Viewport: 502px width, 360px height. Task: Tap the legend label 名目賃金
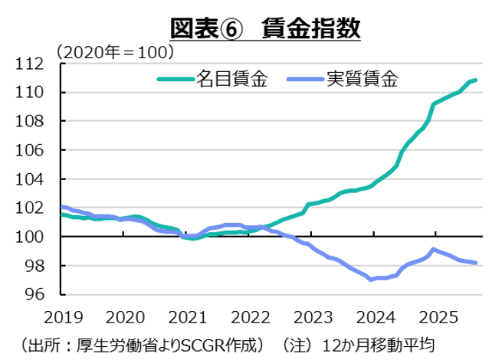pyautogui.click(x=231, y=77)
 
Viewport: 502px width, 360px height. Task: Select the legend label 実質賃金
pyautogui.click(x=362, y=77)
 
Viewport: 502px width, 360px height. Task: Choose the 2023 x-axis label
pyautogui.click(x=310, y=316)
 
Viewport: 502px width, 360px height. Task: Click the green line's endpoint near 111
pyautogui.click(x=476, y=80)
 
